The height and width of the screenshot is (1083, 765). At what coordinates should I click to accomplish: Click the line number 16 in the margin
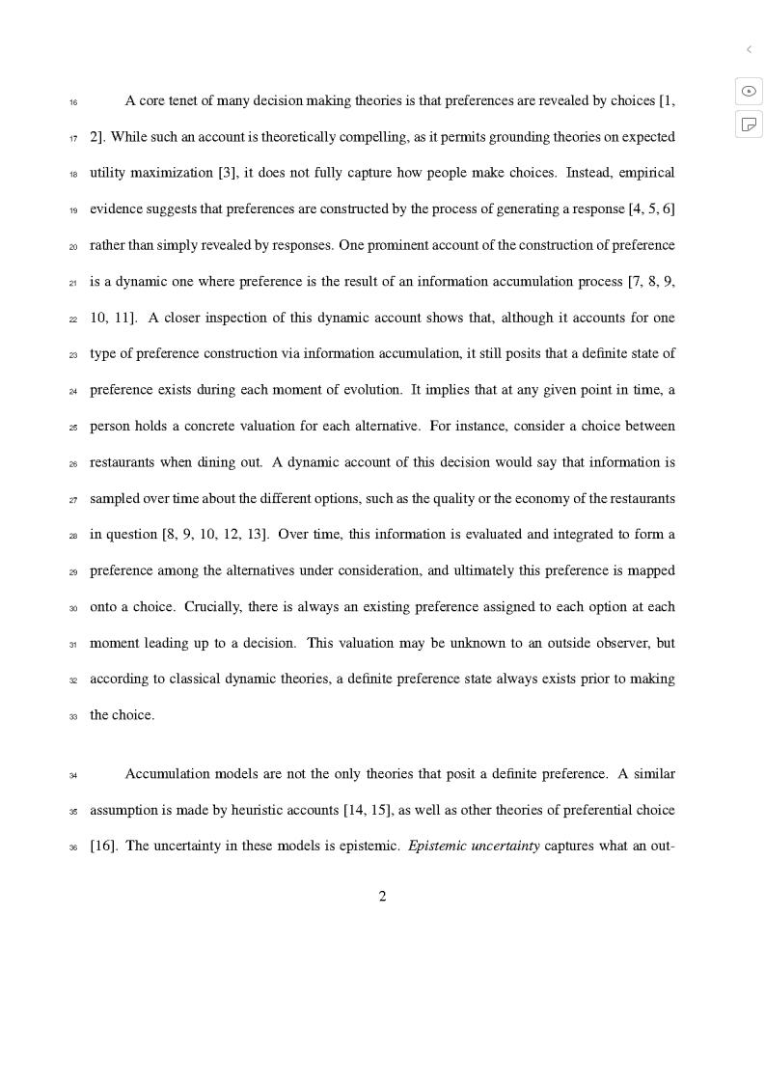click(x=73, y=102)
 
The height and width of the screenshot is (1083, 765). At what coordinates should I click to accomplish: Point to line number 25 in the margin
click(x=73, y=428)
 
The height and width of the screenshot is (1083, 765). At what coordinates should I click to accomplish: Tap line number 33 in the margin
click(x=73, y=717)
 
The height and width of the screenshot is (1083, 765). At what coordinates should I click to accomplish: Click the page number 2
click(x=382, y=897)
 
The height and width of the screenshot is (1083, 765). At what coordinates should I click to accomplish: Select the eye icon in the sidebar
click(x=749, y=91)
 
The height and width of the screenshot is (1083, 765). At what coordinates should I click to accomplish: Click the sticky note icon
click(x=749, y=124)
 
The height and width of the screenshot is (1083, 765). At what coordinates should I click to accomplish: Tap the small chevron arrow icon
click(x=749, y=49)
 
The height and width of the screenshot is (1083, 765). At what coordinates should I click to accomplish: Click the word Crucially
click(x=212, y=607)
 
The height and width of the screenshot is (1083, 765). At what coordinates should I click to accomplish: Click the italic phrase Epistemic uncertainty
click(x=474, y=847)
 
